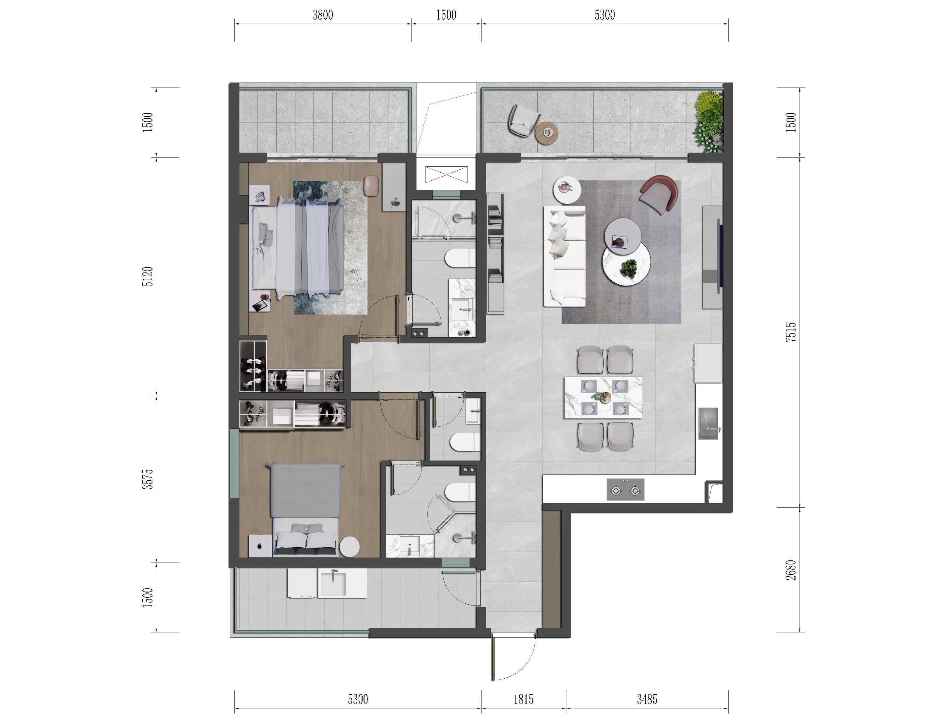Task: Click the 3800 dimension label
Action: (323, 15)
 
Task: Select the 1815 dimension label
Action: (523, 700)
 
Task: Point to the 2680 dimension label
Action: (791, 570)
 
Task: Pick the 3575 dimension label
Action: (148, 479)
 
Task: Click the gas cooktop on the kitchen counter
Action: (625, 489)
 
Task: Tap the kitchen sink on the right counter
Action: (708, 423)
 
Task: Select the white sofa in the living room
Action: (564, 256)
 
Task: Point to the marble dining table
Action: (603, 397)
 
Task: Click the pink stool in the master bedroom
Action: (371, 186)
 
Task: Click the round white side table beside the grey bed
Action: (350, 547)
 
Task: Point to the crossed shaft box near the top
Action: (446, 175)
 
